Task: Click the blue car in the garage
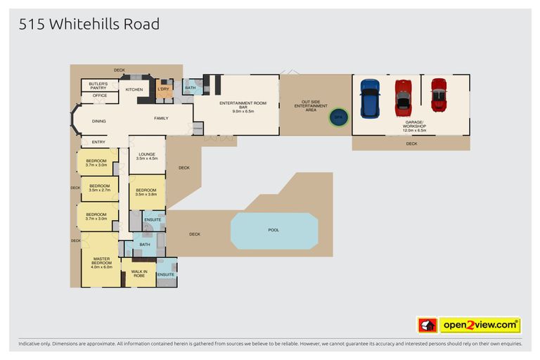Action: click(370, 98)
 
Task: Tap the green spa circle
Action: click(339, 117)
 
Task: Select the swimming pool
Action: click(274, 231)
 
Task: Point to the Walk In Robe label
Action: click(139, 273)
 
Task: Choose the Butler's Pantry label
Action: click(98, 85)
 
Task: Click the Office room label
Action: click(99, 95)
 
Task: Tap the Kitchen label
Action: click(134, 89)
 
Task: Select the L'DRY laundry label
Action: click(164, 89)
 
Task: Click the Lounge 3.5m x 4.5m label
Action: click(147, 156)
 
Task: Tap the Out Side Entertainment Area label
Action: click(314, 105)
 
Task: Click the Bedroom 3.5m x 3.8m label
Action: click(146, 191)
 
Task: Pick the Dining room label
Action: click(99, 121)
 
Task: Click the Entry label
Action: click(99, 142)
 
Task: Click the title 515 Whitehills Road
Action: click(89, 25)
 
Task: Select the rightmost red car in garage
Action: click(439, 95)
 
